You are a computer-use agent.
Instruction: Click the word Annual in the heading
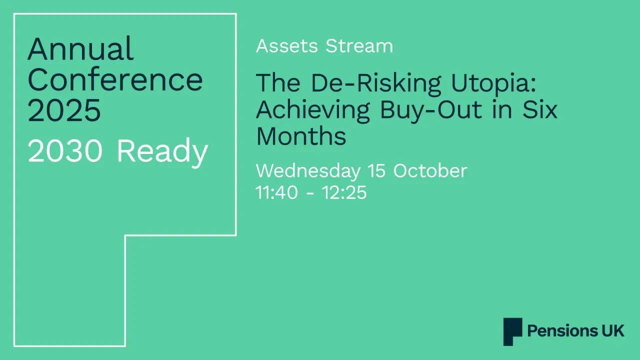coord(80,49)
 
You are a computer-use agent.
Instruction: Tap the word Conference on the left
coord(115,79)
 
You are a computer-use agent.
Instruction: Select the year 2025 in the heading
coord(64,110)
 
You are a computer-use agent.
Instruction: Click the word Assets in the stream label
coord(287,46)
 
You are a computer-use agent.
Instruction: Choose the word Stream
coord(359,46)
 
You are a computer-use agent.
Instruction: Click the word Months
coord(301,136)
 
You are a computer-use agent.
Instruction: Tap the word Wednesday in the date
coord(308,171)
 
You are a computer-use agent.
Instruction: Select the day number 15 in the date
coord(377,171)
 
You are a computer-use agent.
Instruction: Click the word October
coord(430,171)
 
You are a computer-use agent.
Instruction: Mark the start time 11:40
coord(276,192)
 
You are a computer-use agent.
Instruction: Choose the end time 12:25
coord(344,192)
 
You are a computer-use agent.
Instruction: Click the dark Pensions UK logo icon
coord(512,331)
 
